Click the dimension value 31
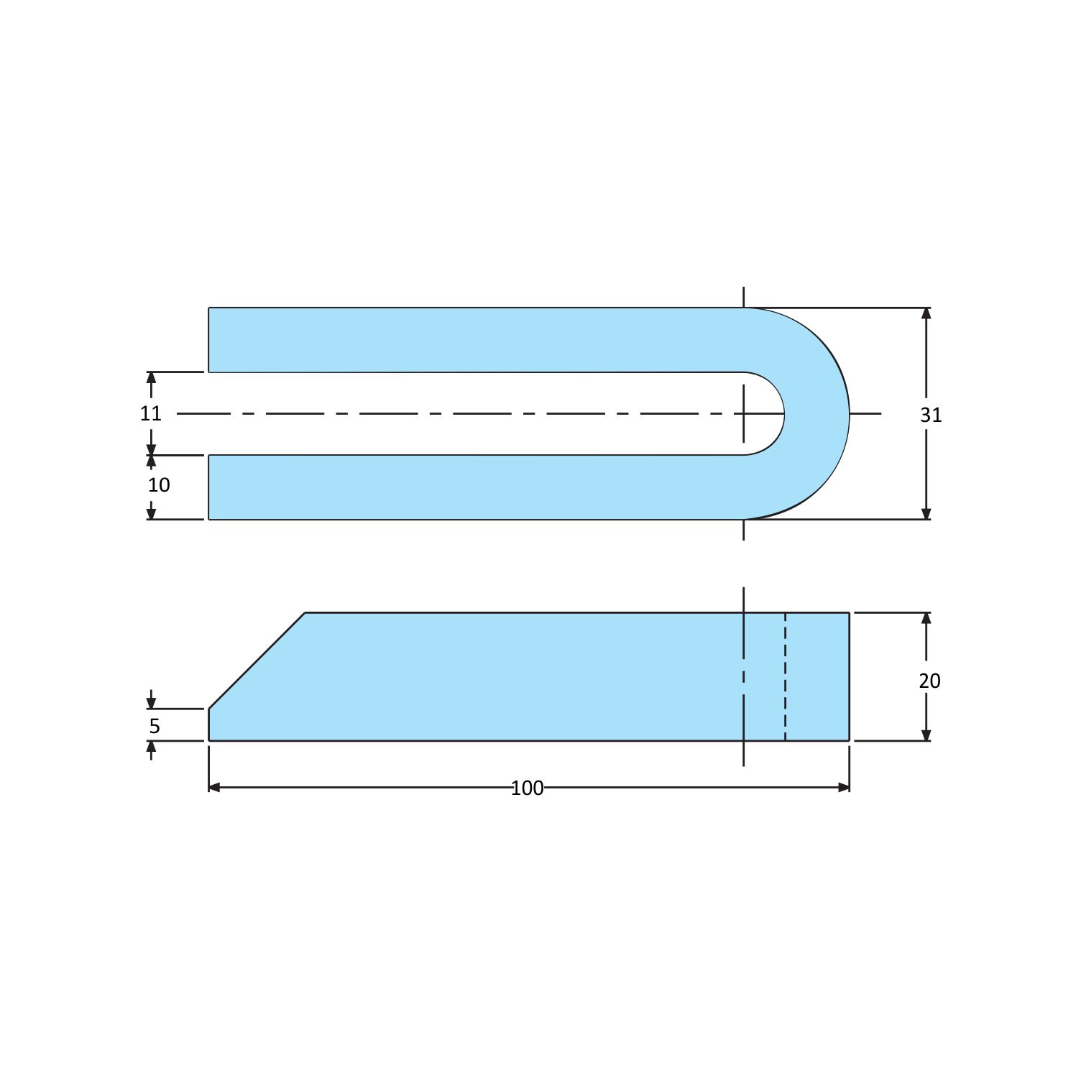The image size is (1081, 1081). pyautogui.click(x=931, y=415)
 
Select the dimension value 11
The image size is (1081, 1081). pyautogui.click(x=151, y=413)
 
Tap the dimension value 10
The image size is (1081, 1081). pyautogui.click(x=159, y=485)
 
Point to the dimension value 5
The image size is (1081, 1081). pyautogui.click(x=155, y=726)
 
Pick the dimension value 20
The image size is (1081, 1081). pyautogui.click(x=929, y=681)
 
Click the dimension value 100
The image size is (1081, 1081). pyautogui.click(x=527, y=788)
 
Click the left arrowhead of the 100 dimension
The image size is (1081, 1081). pyautogui.click(x=213, y=788)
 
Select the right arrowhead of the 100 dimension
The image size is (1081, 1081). pyautogui.click(x=845, y=788)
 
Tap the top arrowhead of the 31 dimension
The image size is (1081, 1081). pyautogui.click(x=926, y=313)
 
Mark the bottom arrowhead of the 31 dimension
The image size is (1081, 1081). pyautogui.click(x=926, y=514)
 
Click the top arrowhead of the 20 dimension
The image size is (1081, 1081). pyautogui.click(x=926, y=618)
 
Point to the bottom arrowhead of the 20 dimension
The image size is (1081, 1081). pyautogui.click(x=926, y=735)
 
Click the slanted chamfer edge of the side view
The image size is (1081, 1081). pyautogui.click(x=257, y=661)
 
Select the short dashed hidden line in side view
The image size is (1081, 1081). pyautogui.click(x=785, y=676)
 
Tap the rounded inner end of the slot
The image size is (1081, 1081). pyautogui.click(x=783, y=413)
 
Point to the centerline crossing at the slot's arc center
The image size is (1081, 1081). pyautogui.click(x=744, y=414)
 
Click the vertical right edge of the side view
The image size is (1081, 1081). pyautogui.click(x=850, y=676)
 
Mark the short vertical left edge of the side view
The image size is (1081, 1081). pyautogui.click(x=209, y=724)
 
